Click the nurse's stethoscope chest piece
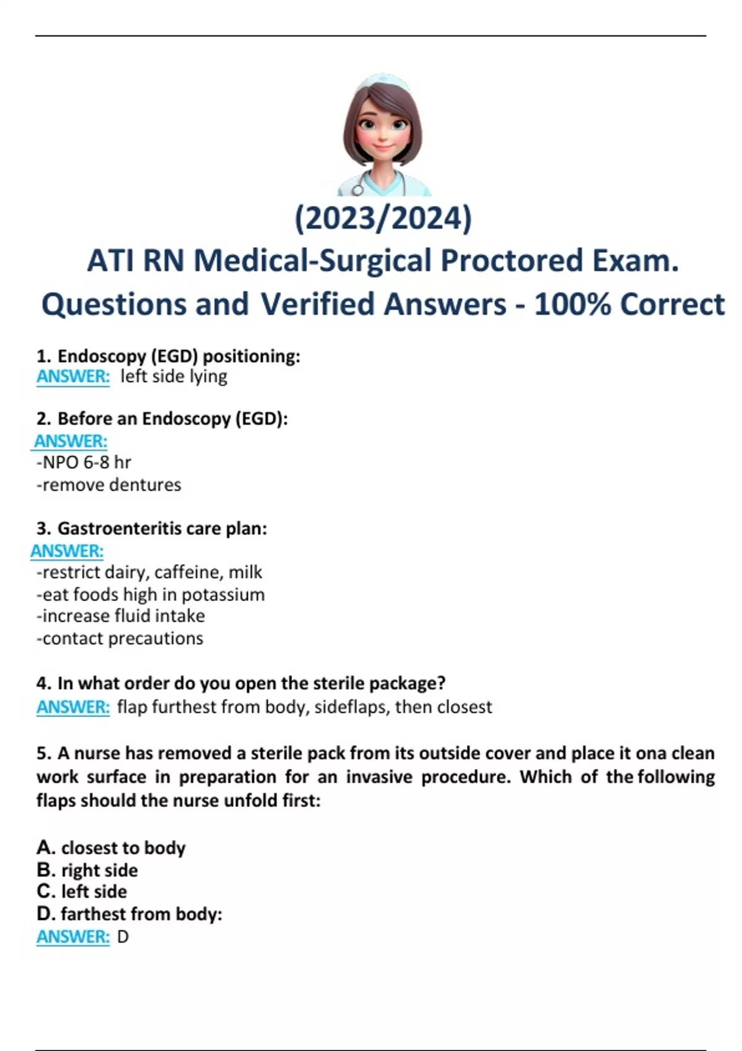[357, 190]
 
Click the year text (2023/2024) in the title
[383, 219]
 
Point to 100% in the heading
[571, 304]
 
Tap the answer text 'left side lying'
[174, 377]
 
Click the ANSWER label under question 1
[73, 377]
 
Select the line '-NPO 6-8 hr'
[84, 462]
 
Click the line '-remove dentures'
[109, 485]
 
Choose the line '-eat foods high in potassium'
[151, 595]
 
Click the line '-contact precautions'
[120, 639]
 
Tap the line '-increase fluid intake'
[121, 616]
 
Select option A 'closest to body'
[111, 848]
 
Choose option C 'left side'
[82, 892]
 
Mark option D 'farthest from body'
[130, 914]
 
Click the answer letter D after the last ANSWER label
[123, 937]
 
